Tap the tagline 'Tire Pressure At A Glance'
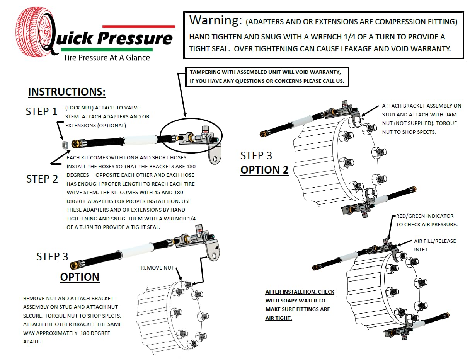pos(107,58)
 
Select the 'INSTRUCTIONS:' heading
pos(67,92)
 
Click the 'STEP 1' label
pos(41,112)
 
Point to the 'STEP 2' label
pos(42,179)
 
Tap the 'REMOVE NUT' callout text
pos(157,268)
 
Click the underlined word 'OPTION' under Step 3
pos(80,277)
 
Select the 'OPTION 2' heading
pos(264,170)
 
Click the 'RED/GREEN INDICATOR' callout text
pos(425,216)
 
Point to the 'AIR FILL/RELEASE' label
pos(435,241)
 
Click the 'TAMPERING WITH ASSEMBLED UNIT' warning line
pos(265,73)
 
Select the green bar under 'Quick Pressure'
pos(107,50)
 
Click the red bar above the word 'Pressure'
pos(138,26)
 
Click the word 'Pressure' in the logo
pos(135,39)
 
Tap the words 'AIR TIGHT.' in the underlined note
pos(278,318)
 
